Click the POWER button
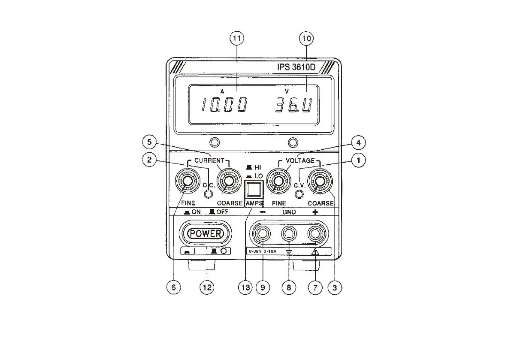pyautogui.click(x=206, y=234)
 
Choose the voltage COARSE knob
pyautogui.click(x=319, y=182)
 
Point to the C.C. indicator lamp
pyautogui.click(x=209, y=194)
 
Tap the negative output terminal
pyautogui.click(x=262, y=234)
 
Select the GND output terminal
pyautogui.click(x=289, y=234)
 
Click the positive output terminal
pyautogui.click(x=315, y=234)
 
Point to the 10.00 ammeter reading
pyautogui.click(x=224, y=105)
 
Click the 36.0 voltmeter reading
pyautogui.click(x=293, y=105)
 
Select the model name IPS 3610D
pyautogui.click(x=296, y=67)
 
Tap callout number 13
pyautogui.click(x=245, y=288)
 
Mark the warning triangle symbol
pyautogui.click(x=315, y=252)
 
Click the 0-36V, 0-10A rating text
pyautogui.click(x=263, y=252)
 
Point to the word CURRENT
pyautogui.click(x=208, y=160)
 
